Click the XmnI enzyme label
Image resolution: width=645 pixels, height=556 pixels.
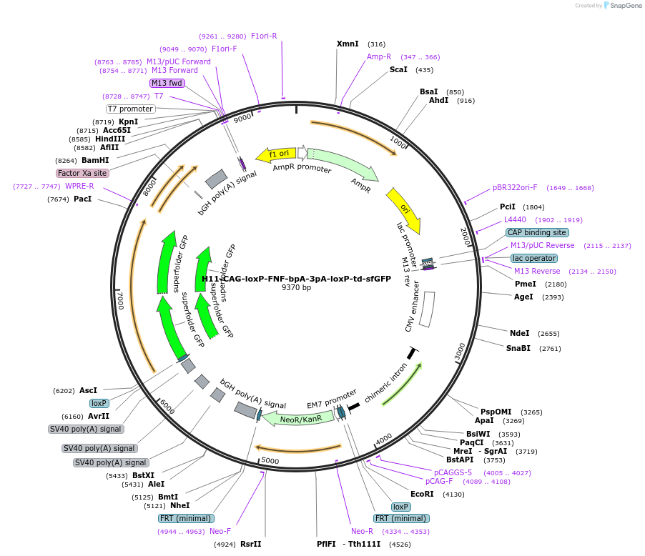click(x=348, y=44)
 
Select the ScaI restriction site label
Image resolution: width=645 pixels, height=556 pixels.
click(x=398, y=69)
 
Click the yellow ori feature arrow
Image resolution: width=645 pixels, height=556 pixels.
click(x=404, y=210)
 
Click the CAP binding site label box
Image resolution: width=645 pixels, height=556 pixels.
click(x=537, y=232)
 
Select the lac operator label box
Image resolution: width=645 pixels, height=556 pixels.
click(x=533, y=258)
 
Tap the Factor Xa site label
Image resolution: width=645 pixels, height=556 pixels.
click(x=82, y=173)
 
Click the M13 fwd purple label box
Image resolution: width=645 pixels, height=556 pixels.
click(x=167, y=83)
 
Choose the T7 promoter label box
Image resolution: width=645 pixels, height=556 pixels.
click(x=130, y=109)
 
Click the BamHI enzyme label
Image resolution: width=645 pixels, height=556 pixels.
click(x=95, y=160)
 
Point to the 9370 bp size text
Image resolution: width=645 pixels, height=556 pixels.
click(x=296, y=288)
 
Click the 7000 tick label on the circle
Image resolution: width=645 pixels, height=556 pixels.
click(x=121, y=300)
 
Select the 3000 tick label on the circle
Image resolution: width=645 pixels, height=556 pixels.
click(x=460, y=351)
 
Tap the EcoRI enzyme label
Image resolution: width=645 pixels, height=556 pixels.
click(x=422, y=494)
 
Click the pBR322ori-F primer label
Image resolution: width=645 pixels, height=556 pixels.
click(x=515, y=188)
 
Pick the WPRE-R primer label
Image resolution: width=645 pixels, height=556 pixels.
click(x=79, y=186)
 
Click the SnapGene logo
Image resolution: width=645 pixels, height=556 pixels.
click(x=621, y=6)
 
